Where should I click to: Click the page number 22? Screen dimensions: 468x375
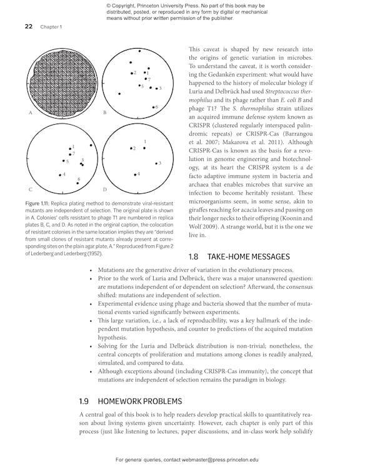pyautogui.click(x=29, y=27)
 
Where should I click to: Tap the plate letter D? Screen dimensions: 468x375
pyautogui.click(x=105, y=189)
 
